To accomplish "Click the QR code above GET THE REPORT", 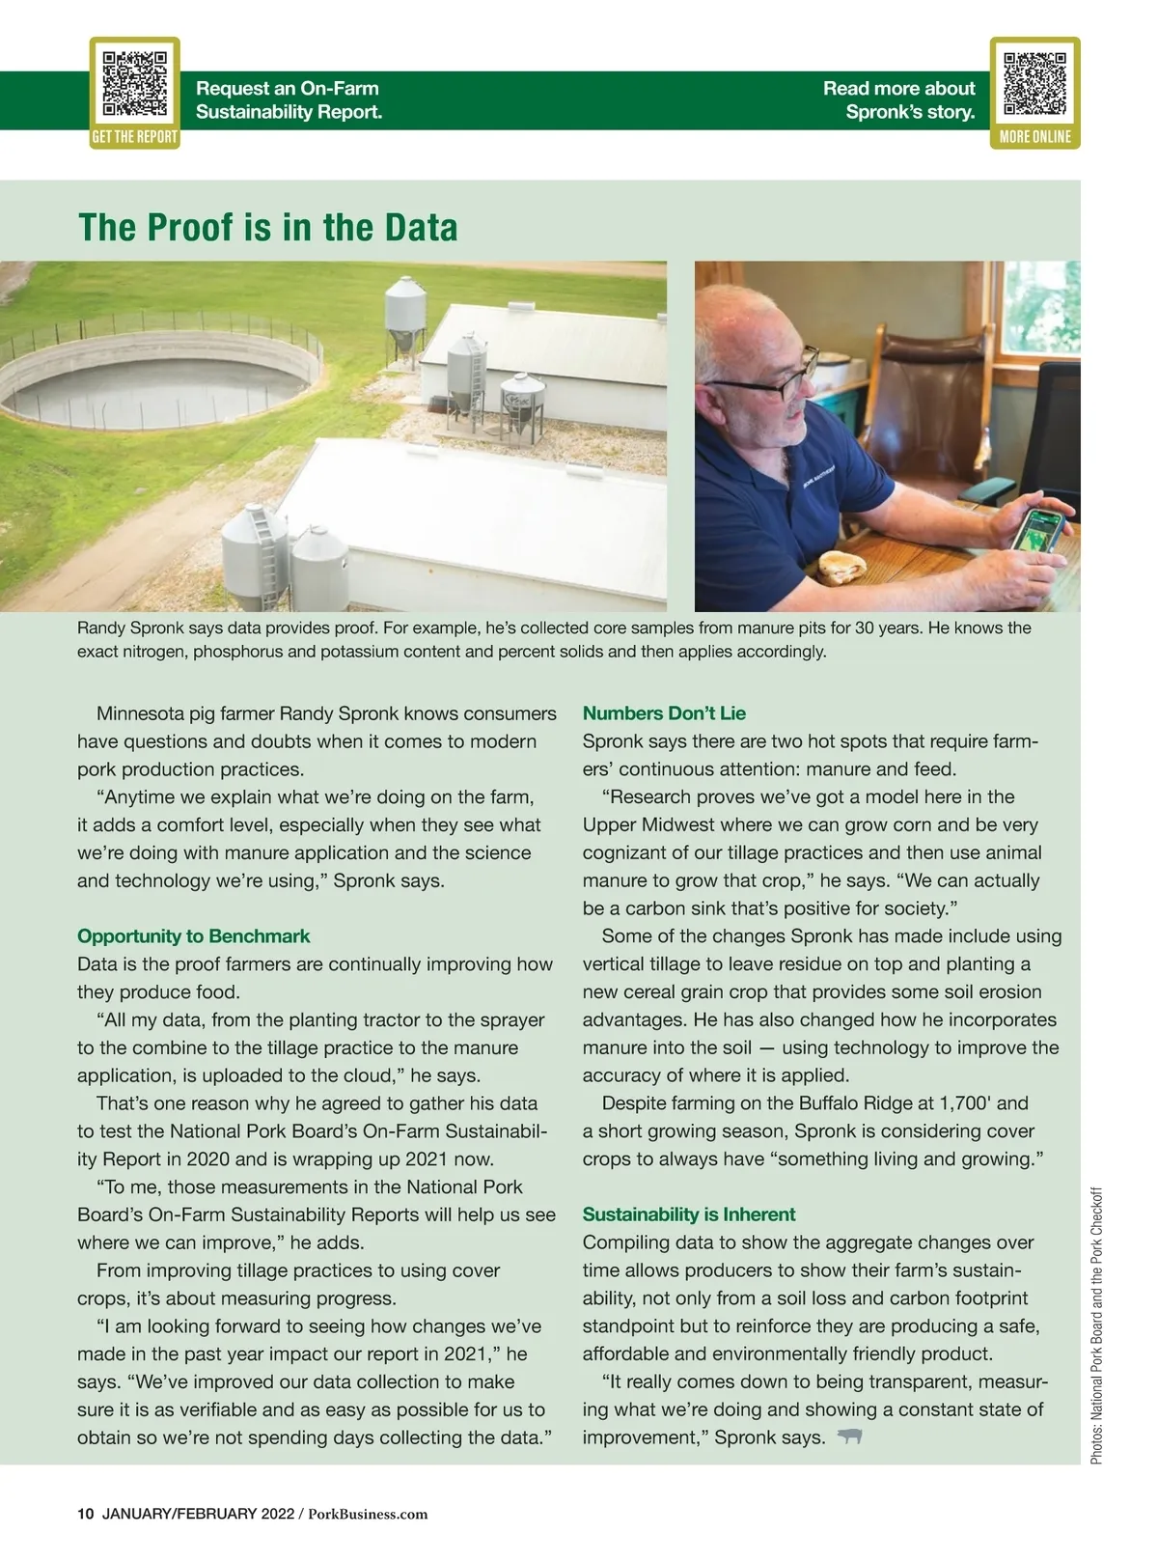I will click(x=135, y=83).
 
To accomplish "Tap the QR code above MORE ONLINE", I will click(x=1034, y=83).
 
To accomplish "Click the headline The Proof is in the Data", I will click(x=267, y=228).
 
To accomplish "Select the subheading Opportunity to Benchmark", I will click(x=193, y=936).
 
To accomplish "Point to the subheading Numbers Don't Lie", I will click(x=664, y=713).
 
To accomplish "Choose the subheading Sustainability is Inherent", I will click(x=688, y=1214).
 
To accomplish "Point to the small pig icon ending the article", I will click(x=849, y=1436).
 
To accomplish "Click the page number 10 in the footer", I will click(x=85, y=1514).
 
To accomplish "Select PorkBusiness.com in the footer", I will click(x=368, y=1514).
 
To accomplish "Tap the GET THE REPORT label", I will click(x=134, y=137).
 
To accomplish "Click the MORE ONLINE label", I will click(x=1034, y=137).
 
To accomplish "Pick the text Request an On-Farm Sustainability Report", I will click(x=289, y=99).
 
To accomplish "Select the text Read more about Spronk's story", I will click(x=898, y=99).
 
